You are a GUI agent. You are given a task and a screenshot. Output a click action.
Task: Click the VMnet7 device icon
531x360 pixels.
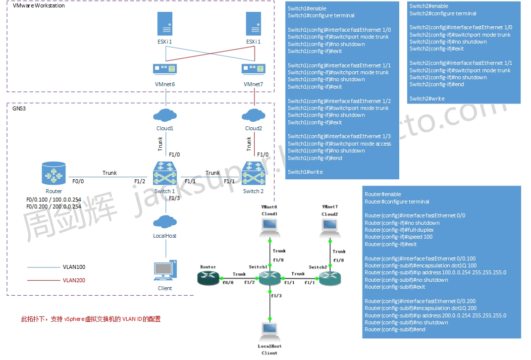click(253, 68)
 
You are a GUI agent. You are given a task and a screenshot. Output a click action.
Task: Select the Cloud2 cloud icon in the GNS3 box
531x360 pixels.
click(253, 115)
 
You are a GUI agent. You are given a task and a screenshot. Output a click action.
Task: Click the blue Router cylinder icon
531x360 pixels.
click(53, 176)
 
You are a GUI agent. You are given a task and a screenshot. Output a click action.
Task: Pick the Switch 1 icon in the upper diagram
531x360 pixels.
click(164, 176)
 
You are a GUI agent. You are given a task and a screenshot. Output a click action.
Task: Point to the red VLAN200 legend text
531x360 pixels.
click(74, 280)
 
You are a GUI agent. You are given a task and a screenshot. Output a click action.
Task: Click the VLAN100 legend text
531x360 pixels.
click(74, 267)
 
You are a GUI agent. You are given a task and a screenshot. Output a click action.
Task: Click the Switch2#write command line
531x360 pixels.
click(427, 99)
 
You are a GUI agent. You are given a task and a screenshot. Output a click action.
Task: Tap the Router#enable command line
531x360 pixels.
click(382, 194)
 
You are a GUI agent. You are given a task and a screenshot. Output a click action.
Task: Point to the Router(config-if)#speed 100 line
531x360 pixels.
click(398, 237)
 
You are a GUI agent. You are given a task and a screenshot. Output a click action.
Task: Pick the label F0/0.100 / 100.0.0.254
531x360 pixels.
click(53, 200)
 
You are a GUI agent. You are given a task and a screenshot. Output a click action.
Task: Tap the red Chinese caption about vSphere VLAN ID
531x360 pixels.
click(91, 319)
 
